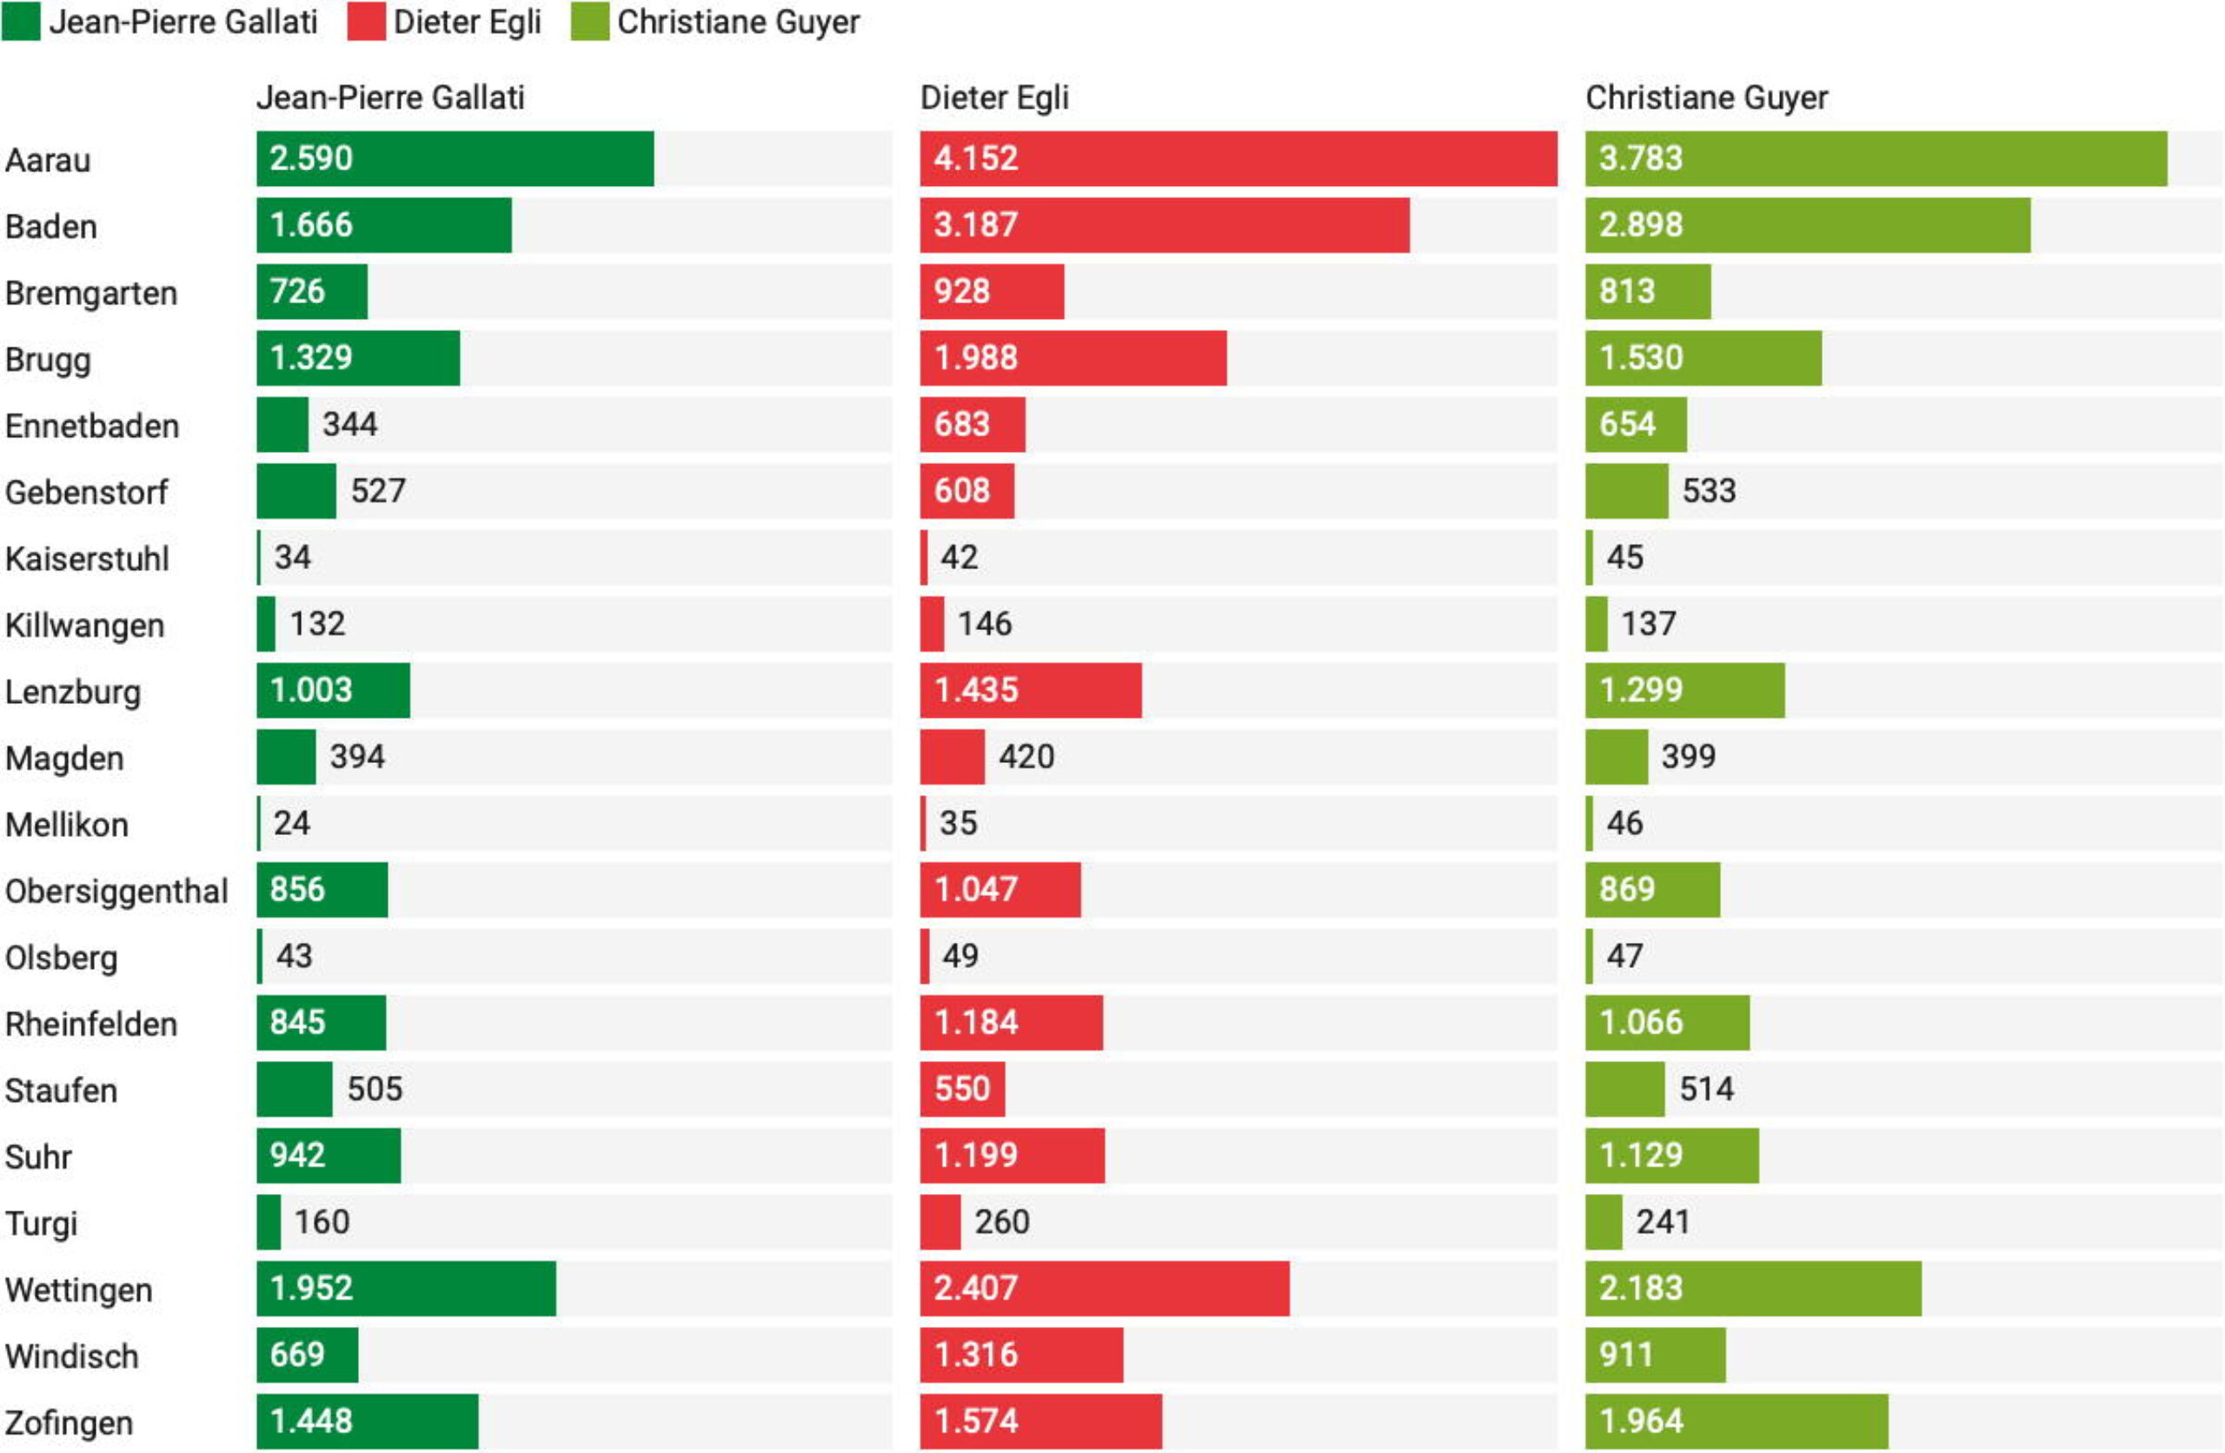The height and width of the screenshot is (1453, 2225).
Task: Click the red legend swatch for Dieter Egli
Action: tap(366, 22)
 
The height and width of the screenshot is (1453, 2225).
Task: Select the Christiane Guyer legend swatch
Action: tap(590, 22)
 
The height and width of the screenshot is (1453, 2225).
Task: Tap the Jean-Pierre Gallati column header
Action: tap(390, 97)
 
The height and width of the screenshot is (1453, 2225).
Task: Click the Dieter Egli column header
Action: tap(993, 97)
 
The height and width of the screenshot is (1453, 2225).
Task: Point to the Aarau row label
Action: tap(48, 160)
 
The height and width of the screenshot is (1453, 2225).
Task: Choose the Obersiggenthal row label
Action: tap(116, 891)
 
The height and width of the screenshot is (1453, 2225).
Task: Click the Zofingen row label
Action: tap(69, 1423)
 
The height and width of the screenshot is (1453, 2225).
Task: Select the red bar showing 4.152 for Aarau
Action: tap(1238, 159)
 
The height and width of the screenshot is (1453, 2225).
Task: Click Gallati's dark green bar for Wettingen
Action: tap(406, 1289)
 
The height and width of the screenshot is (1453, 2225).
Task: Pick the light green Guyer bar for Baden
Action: tap(1807, 225)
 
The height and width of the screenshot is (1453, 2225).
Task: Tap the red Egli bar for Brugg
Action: tap(1073, 358)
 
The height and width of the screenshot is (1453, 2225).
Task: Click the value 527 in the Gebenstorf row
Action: tap(378, 491)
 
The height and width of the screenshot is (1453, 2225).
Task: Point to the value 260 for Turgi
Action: tap(1001, 1221)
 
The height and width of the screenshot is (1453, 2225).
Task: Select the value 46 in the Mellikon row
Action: tap(1624, 823)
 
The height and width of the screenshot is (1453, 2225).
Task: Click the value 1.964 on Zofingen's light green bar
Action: tap(1641, 1421)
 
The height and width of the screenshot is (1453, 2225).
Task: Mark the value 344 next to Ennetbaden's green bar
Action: tap(349, 424)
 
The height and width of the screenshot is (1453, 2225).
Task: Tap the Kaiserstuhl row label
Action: tap(87, 559)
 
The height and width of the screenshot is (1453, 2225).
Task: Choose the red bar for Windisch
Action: tap(1021, 1355)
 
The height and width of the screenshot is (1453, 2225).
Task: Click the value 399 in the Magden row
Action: tap(1688, 756)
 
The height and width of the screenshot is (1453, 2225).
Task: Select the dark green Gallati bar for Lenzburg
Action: tap(333, 691)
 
